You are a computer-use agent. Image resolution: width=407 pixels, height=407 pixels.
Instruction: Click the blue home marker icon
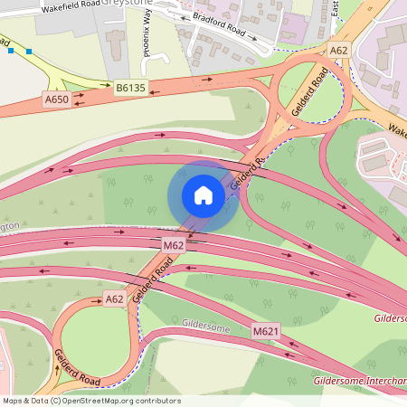click(x=203, y=196)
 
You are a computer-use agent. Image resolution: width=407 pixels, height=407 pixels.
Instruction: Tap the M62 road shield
click(x=174, y=245)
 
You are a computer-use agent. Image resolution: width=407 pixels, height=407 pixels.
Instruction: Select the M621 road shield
click(x=266, y=332)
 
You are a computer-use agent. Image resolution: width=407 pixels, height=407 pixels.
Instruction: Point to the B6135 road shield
click(x=129, y=87)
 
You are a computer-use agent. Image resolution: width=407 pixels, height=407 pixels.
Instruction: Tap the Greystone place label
click(x=129, y=4)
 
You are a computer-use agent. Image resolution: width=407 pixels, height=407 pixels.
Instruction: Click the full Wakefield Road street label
click(x=69, y=7)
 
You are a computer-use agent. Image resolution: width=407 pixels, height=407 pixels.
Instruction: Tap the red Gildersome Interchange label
click(x=359, y=381)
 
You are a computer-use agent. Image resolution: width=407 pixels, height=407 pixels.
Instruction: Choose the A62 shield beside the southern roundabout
click(x=114, y=298)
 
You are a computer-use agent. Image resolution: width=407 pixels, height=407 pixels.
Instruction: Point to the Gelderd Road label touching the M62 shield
click(x=152, y=279)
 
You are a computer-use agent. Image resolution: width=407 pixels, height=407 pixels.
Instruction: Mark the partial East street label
click(x=334, y=7)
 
